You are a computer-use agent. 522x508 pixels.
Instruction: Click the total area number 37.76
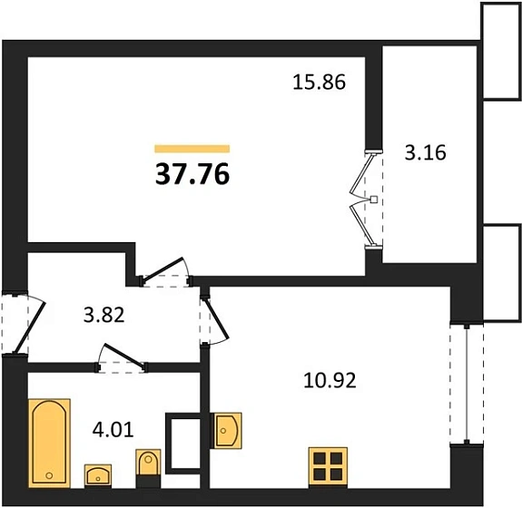click(192, 174)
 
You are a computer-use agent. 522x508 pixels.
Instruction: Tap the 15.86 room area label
click(320, 83)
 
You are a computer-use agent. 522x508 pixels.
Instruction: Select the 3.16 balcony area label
click(425, 153)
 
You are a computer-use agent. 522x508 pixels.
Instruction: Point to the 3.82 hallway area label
click(103, 315)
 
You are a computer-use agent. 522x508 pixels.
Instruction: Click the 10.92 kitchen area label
click(330, 380)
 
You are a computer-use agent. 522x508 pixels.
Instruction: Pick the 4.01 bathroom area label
click(113, 429)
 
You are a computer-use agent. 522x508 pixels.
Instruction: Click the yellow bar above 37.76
click(192, 149)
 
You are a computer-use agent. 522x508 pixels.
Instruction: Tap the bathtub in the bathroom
click(49, 443)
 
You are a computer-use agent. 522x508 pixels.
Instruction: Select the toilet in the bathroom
click(148, 468)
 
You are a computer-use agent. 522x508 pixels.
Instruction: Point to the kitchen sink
click(226, 431)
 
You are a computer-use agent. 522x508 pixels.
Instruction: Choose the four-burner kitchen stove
click(328, 467)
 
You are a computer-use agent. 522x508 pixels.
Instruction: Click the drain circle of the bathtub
click(49, 475)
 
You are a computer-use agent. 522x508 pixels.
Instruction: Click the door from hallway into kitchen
click(217, 319)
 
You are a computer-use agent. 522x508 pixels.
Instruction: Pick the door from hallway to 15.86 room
click(163, 268)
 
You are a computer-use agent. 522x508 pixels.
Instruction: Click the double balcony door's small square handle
click(374, 200)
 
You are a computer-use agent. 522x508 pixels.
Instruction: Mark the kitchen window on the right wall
click(467, 383)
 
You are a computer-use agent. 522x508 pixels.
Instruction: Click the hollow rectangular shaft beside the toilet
click(182, 443)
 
